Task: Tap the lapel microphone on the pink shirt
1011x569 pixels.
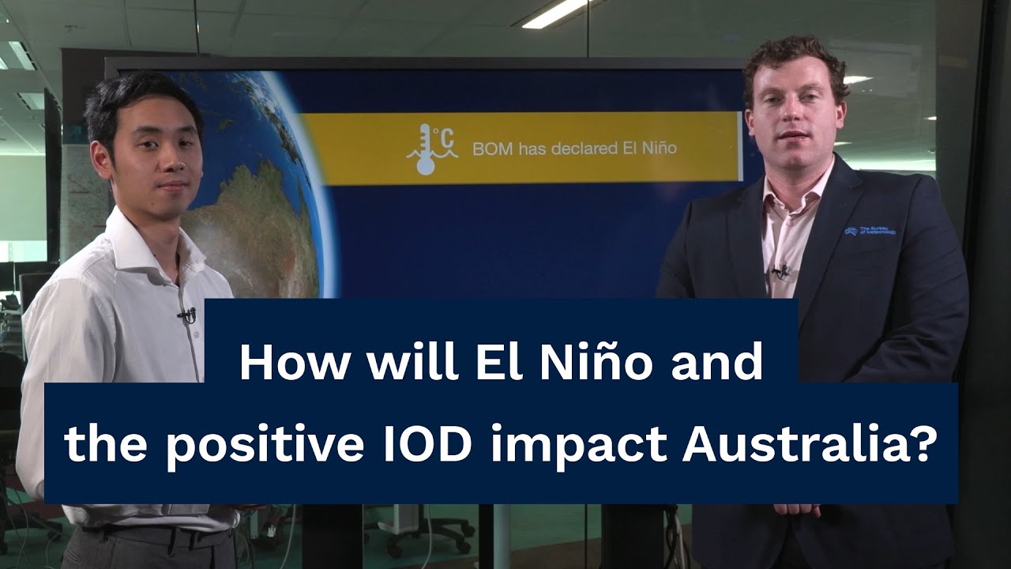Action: (x=782, y=271)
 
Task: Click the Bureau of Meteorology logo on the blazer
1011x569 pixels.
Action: (x=870, y=230)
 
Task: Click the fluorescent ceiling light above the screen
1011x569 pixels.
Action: (x=557, y=13)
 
